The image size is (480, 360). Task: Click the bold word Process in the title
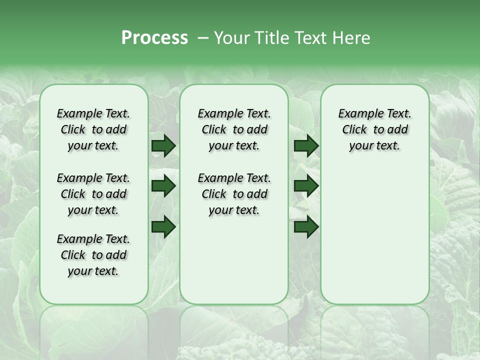[154, 38]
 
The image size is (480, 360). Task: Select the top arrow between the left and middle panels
[163, 146]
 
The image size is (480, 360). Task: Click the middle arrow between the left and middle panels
[163, 186]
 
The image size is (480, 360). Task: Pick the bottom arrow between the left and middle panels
[163, 227]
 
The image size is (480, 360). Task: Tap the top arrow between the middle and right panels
[306, 146]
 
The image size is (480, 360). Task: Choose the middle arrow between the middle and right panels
[306, 186]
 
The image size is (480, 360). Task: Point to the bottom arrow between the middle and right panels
[306, 227]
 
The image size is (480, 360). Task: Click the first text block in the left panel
[93, 129]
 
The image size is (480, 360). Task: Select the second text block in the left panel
[93, 194]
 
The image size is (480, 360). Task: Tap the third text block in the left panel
[93, 255]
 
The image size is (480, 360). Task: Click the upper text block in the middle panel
[234, 129]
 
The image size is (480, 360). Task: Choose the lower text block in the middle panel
[234, 194]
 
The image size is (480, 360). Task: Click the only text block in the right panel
[374, 129]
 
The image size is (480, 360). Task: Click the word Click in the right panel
[354, 130]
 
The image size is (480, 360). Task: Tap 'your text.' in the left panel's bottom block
[93, 271]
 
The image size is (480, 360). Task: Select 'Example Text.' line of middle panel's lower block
[234, 178]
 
